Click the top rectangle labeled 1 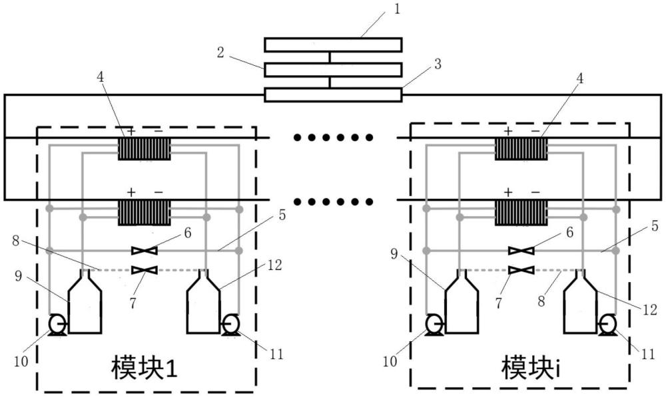point(333,45)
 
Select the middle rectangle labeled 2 point(333,70)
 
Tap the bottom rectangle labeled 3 point(333,94)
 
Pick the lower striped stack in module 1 point(145,213)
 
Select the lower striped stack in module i point(521,213)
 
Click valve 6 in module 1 point(145,251)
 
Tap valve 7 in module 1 point(145,269)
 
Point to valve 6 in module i point(521,251)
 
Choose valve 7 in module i point(521,269)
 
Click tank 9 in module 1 point(85,306)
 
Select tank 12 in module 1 point(204,306)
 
